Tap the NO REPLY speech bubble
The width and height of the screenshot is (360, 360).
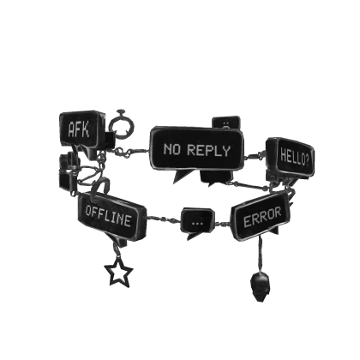196,150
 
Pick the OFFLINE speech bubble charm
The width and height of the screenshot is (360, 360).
112,216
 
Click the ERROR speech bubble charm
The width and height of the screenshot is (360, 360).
261,217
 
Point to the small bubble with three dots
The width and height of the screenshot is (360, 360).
197,221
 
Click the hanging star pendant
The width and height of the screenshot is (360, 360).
118,272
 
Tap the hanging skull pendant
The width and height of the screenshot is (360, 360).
260,286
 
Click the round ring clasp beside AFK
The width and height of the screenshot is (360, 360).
122,123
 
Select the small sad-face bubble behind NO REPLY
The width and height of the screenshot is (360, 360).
226,123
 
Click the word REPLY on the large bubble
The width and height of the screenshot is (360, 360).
208,150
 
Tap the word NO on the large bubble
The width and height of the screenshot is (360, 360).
172,149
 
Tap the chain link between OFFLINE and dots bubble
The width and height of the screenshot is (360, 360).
164,219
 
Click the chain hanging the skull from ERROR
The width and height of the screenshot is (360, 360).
261,255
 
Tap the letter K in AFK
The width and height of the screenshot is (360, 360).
87,129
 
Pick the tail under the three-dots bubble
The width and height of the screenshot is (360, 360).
192,236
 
